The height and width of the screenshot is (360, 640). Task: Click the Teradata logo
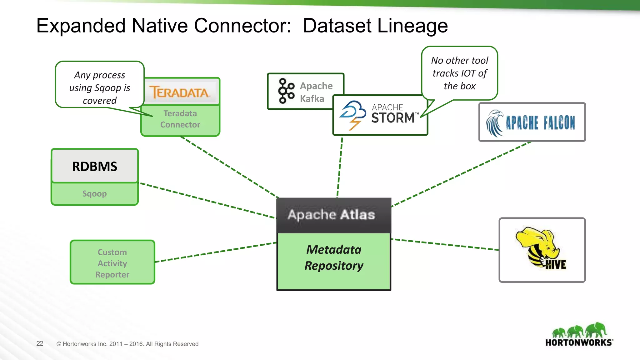tap(180, 92)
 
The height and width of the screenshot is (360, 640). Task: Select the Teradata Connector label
tap(180, 119)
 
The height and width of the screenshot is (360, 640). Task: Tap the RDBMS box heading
tap(95, 166)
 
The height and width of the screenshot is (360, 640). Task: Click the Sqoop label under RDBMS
tap(95, 194)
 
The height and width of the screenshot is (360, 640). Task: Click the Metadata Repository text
tap(334, 258)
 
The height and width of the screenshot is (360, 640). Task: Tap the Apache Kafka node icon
tap(286, 91)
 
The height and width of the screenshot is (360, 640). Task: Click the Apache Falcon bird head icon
tap(495, 123)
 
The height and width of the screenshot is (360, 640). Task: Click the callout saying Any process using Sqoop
tap(100, 88)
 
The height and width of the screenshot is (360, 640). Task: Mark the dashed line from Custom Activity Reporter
tap(216, 252)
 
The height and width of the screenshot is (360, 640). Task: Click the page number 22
tap(40, 344)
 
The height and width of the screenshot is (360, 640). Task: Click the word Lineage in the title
tap(413, 26)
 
